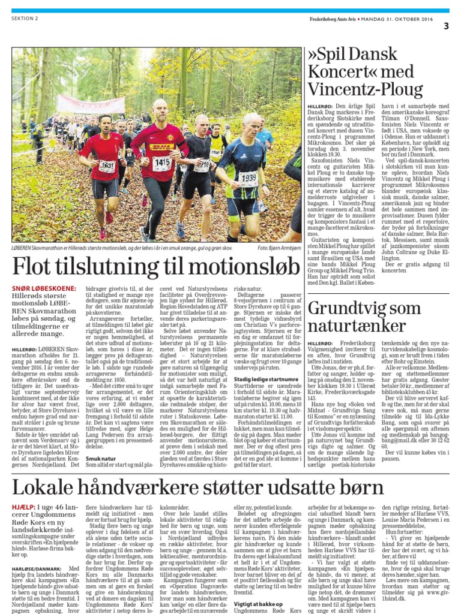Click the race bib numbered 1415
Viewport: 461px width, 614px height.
point(161,163)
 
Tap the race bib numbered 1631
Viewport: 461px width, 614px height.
point(107,166)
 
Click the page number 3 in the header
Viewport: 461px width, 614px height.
point(446,26)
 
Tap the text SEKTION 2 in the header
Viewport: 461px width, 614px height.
point(25,19)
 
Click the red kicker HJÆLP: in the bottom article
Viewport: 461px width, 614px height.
point(25,507)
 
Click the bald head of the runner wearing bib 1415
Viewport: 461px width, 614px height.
point(160,109)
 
